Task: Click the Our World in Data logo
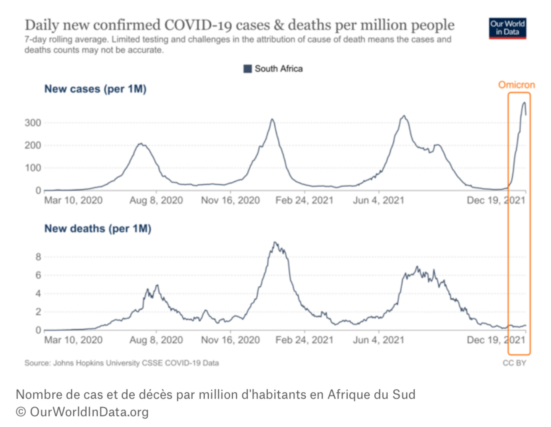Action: point(507,28)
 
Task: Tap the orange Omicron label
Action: point(516,85)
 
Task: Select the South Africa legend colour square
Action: point(247,69)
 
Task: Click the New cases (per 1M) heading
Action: point(95,89)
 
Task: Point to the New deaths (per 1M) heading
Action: point(98,228)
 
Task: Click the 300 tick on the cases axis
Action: point(33,123)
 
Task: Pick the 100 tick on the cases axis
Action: point(33,168)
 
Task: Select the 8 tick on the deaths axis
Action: point(38,257)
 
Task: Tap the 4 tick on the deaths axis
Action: point(38,294)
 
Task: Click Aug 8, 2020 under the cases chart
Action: point(156,201)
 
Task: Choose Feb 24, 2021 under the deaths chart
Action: point(304,340)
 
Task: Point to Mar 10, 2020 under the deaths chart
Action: point(73,340)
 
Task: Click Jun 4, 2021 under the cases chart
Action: point(378,201)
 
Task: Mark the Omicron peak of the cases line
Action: point(524,102)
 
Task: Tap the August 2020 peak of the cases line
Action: point(141,144)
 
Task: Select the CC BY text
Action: point(514,363)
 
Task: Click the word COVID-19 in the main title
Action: point(198,26)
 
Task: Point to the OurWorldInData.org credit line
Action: point(82,412)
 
